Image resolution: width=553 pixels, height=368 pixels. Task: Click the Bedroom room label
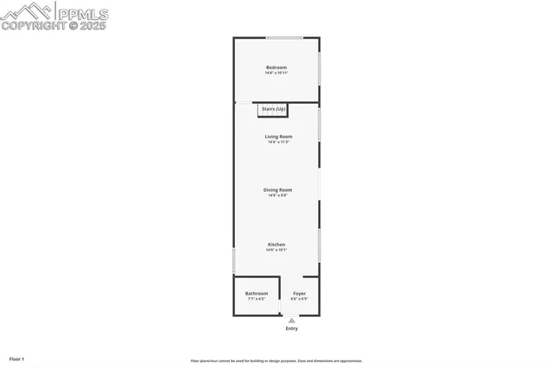(x=276, y=67)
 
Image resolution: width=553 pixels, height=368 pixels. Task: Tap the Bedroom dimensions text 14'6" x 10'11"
(x=276, y=73)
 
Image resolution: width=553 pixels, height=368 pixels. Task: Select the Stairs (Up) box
(x=273, y=110)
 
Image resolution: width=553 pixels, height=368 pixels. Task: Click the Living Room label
(x=278, y=136)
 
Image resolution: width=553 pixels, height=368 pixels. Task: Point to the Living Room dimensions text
(x=278, y=143)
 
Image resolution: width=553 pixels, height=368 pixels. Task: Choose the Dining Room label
(x=278, y=190)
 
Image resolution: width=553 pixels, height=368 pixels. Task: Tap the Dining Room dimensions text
(x=278, y=196)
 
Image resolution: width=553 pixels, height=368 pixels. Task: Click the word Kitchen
(x=276, y=244)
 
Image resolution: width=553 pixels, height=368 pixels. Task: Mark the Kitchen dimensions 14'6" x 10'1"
(x=276, y=251)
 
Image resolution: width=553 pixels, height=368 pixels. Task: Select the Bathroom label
(x=257, y=294)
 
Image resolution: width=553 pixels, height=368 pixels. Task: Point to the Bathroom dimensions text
(x=257, y=300)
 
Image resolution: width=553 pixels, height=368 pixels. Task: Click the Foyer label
(x=299, y=294)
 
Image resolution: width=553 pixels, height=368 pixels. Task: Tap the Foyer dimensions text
(x=299, y=300)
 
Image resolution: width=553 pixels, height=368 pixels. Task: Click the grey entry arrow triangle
(x=291, y=320)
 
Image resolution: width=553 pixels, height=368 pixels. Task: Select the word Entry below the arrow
(x=291, y=328)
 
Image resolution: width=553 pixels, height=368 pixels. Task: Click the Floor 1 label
(x=16, y=358)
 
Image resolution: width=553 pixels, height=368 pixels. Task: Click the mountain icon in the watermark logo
(x=29, y=11)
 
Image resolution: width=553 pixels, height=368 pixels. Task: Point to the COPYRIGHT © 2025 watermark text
(x=54, y=26)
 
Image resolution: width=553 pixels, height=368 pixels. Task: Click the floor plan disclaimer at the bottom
(x=276, y=361)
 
